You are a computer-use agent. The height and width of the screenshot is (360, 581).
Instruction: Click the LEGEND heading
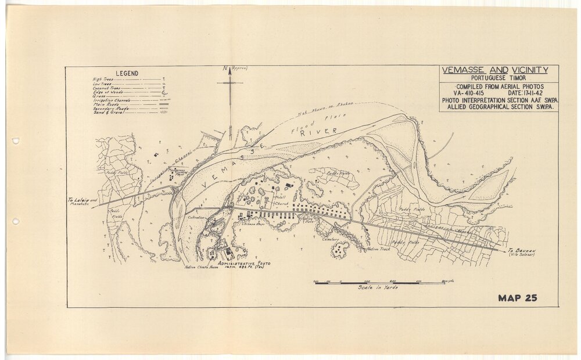click(x=127, y=73)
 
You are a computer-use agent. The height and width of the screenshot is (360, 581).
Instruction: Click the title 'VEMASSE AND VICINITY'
click(x=495, y=70)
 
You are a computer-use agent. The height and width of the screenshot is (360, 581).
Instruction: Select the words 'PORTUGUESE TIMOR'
click(x=495, y=78)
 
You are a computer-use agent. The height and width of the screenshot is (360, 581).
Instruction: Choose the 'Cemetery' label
click(x=326, y=239)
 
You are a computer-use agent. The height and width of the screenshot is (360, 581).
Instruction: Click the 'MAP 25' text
click(x=517, y=298)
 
